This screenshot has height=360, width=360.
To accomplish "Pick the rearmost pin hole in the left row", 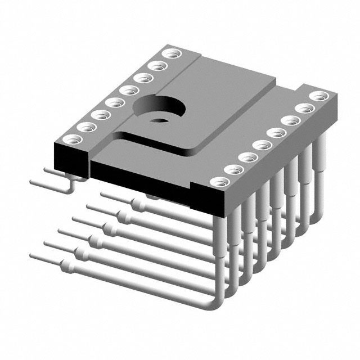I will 168,55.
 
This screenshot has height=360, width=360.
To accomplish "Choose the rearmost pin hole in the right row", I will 319,96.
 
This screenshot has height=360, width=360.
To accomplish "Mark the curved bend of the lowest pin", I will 211,304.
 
